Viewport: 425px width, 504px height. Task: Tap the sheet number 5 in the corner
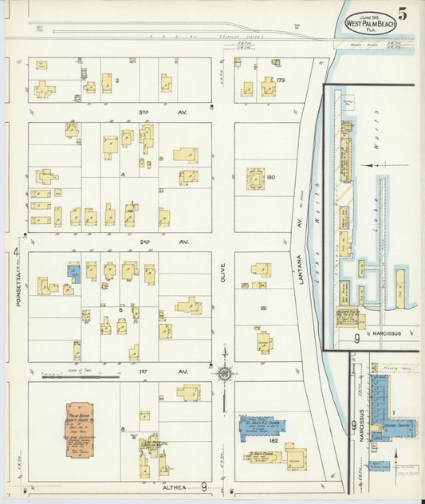pos(403,14)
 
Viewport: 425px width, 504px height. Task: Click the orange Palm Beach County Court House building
pos(78,430)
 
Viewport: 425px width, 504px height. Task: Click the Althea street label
pos(176,486)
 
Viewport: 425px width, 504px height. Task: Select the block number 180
pos(271,177)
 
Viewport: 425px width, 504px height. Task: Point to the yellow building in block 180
pos(256,178)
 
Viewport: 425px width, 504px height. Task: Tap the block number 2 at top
pos(116,80)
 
